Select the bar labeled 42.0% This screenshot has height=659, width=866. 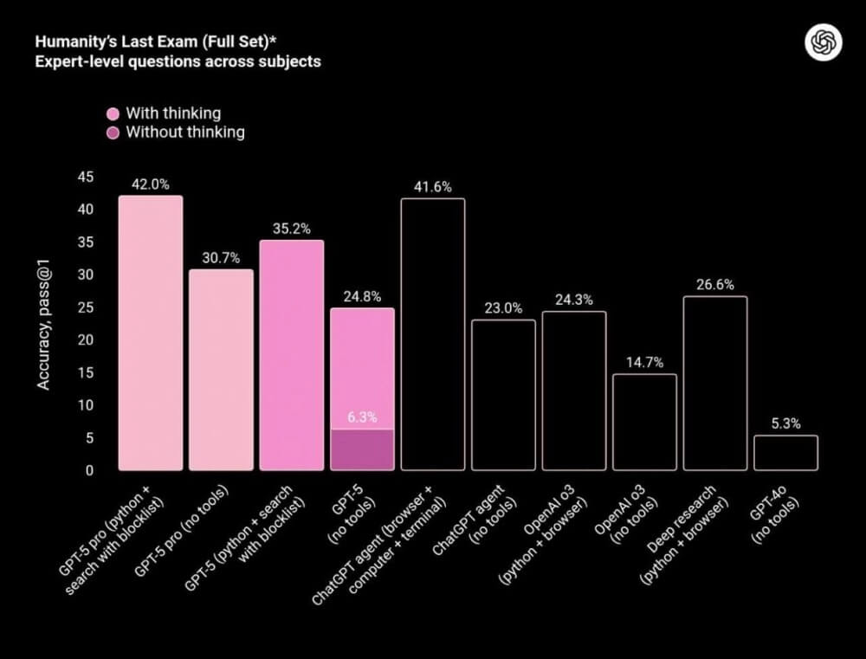coord(151,333)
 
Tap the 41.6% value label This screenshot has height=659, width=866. coord(433,186)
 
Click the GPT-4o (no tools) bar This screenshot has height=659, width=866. coord(785,453)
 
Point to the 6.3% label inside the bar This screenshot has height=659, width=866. coord(362,417)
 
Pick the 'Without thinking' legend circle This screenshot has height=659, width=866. coord(113,132)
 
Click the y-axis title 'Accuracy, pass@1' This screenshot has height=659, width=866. coord(44,322)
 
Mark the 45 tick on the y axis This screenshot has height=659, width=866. coord(86,177)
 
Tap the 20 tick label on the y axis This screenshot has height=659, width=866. coord(86,339)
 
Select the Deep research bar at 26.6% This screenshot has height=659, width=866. coord(715,384)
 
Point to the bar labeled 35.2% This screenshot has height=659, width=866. coord(292,355)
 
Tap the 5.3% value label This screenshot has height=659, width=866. coord(785,423)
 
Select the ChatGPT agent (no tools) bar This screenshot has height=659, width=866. coord(503,395)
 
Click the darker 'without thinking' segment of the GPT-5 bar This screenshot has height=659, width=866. coord(362,449)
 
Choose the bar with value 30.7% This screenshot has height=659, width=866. coord(222,370)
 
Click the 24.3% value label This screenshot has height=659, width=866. coord(574,300)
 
